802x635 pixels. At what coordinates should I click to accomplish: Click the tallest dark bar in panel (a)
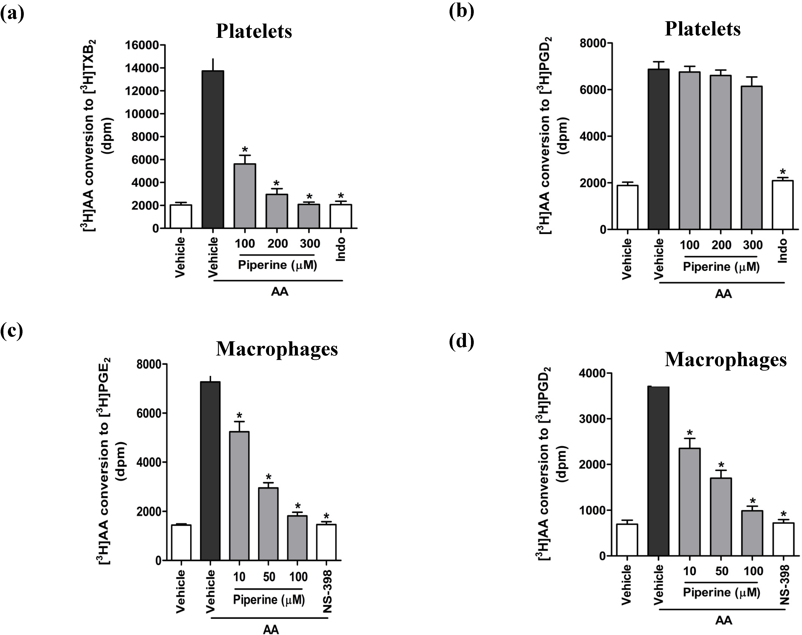pyautogui.click(x=213, y=149)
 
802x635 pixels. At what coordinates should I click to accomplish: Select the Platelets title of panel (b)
pyautogui.click(x=702, y=29)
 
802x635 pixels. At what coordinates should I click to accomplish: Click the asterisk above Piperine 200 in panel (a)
pyautogui.click(x=276, y=183)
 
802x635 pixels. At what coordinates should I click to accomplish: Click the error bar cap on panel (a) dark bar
pyautogui.click(x=213, y=59)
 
